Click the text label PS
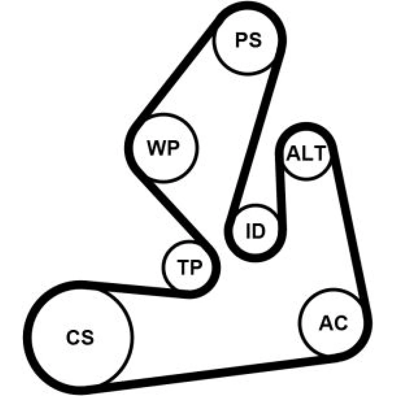coord(248,40)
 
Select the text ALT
coord(306,154)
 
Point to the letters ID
coord(255,231)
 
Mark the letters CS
coord(80,337)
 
